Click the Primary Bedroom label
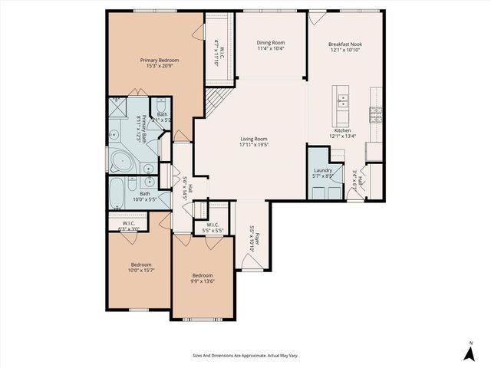coord(160,60)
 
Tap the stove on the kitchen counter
coord(376,115)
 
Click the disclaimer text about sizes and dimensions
coord(245,355)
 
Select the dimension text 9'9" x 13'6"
coord(203,281)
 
